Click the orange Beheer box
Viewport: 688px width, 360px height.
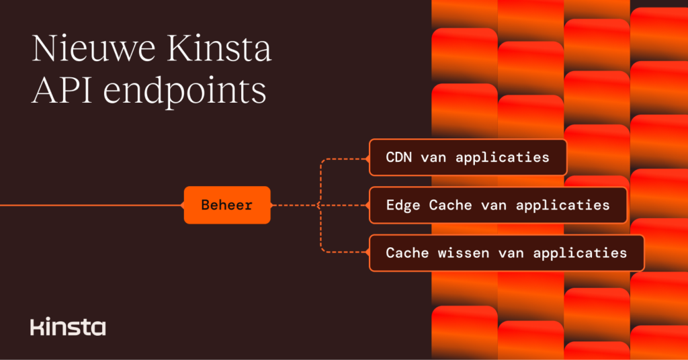227,205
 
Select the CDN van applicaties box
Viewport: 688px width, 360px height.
468,158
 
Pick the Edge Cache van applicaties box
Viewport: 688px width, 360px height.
498,205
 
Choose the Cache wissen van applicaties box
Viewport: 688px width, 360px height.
507,253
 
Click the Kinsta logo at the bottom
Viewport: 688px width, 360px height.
68,327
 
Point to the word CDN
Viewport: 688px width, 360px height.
400,158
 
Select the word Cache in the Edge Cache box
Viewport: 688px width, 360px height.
451,205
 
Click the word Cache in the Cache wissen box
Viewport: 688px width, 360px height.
407,253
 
